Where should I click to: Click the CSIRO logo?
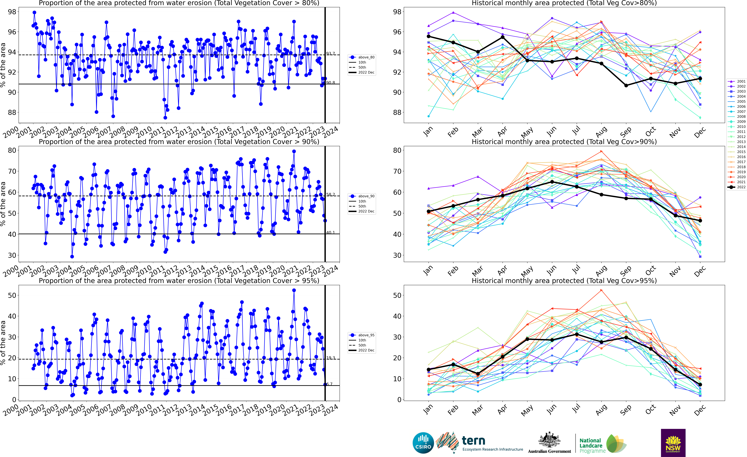423,443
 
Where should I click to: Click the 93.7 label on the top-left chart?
330,54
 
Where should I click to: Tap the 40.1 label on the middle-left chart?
330,232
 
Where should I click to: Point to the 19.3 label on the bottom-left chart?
330,358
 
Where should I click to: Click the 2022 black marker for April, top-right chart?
503,37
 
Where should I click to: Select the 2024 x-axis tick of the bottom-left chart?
330,409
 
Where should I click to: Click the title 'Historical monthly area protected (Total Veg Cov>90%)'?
564,142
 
